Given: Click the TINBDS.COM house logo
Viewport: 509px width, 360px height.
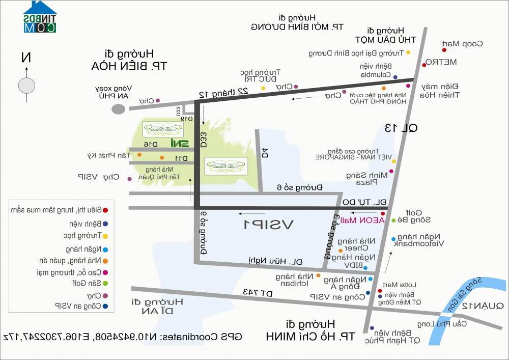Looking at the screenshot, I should pyautogui.click(x=40, y=17).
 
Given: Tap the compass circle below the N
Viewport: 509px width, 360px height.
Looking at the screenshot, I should pyautogui.click(x=26, y=85).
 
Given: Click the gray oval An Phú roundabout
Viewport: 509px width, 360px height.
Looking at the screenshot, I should pyautogui.click(x=119, y=108).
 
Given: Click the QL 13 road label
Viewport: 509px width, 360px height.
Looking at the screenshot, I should pyautogui.click(x=401, y=128).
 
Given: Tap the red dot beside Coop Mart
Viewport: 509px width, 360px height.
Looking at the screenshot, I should pyautogui.click(x=444, y=50).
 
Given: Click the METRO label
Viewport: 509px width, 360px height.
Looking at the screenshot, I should pyautogui.click(x=441, y=62).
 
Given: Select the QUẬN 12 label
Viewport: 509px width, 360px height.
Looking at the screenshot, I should pyautogui.click(x=483, y=306).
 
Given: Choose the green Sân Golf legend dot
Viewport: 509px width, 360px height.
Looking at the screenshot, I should pyautogui.click(x=105, y=283).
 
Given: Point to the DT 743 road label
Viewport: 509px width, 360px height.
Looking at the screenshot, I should pyautogui.click(x=258, y=293).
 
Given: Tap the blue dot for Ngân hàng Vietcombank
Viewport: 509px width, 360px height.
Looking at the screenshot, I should pyautogui.click(x=393, y=239).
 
